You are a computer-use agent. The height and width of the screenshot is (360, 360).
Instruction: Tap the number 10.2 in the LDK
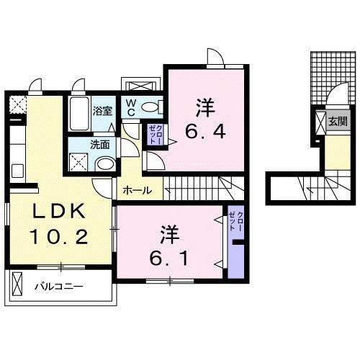pos(60,235)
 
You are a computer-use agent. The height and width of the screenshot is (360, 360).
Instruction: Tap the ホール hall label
pos(137,190)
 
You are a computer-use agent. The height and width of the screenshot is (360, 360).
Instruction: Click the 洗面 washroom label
pos(100,144)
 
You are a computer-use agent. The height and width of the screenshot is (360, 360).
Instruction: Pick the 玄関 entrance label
pos(337,122)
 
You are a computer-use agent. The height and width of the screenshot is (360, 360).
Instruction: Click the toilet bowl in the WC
pos(150,108)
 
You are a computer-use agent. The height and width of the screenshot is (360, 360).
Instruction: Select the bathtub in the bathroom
pos(79,112)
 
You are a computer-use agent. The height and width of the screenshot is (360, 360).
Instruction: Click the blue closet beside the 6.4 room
pos(153,135)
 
